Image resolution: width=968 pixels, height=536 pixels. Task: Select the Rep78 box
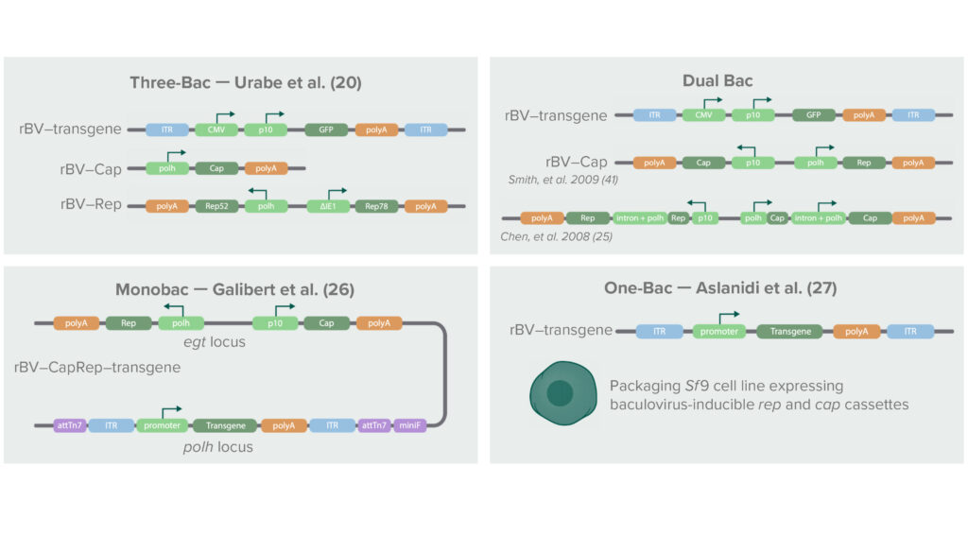click(374, 205)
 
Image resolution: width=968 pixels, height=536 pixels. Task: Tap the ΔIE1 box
click(323, 205)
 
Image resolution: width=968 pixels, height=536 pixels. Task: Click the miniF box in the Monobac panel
click(412, 425)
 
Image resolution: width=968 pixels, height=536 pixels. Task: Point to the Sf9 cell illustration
click(560, 392)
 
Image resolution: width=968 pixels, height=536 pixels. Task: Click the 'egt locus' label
click(215, 342)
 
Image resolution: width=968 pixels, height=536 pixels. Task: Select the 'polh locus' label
click(218, 446)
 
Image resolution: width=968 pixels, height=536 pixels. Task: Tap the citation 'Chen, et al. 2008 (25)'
click(556, 236)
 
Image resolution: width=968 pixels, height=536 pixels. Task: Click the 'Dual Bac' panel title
click(717, 81)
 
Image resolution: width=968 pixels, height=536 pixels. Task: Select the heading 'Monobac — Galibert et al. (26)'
click(234, 289)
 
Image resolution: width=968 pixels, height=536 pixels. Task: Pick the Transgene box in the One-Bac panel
click(790, 332)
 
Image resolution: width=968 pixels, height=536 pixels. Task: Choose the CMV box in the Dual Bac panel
click(702, 115)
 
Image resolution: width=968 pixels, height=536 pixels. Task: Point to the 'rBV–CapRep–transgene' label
click(97, 366)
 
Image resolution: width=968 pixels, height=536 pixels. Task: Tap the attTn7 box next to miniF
click(369, 425)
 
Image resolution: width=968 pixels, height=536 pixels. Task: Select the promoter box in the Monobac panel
click(159, 425)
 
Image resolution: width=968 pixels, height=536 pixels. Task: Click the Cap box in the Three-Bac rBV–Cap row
click(216, 168)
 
